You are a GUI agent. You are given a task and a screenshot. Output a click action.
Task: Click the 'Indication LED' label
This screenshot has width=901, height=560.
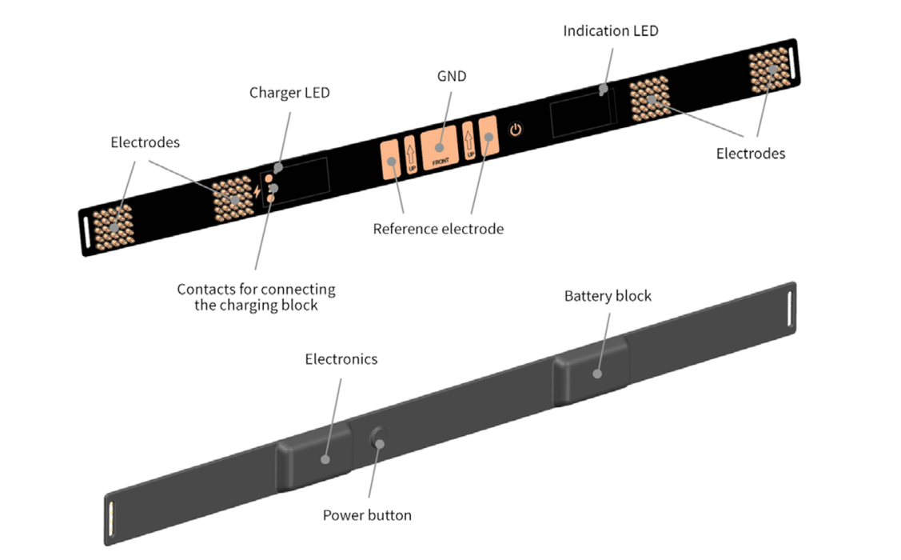pos(611,31)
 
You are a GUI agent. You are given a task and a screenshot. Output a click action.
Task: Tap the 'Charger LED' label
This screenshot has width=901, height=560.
pos(289,93)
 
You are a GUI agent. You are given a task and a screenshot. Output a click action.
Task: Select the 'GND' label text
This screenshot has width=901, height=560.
pos(452,77)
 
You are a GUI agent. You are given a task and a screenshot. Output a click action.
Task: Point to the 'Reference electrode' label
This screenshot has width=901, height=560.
pos(438,230)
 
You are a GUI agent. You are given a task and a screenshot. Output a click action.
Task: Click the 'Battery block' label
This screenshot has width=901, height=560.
pos(608,296)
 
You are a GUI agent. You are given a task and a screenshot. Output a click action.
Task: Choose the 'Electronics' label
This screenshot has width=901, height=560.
pos(341,359)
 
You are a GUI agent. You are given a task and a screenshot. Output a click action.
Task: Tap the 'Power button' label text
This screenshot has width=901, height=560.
pos(367,515)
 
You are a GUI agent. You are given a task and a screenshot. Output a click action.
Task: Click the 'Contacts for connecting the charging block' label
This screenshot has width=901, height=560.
pos(256,297)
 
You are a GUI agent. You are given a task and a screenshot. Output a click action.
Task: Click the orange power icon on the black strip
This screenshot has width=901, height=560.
pos(516,129)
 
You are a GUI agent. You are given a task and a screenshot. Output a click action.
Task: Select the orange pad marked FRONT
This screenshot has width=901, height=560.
pos(439,146)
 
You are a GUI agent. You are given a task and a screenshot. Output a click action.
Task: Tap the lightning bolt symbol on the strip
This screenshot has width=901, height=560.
pos(256,192)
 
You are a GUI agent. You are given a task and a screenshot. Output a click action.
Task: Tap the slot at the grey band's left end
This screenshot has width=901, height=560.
pos(110,518)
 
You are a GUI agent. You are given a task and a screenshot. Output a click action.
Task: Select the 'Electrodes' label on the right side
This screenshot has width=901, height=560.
pos(750,154)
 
